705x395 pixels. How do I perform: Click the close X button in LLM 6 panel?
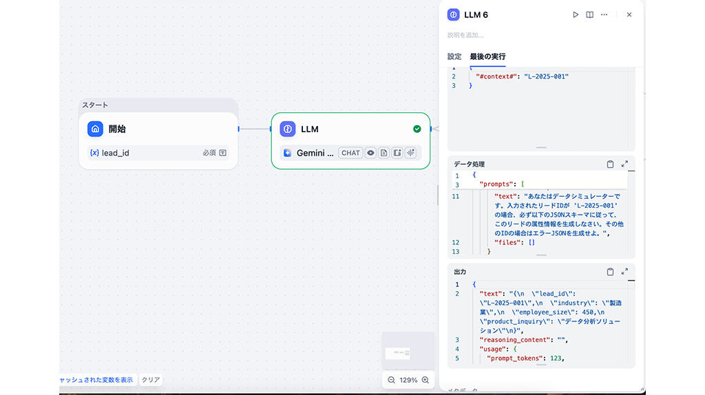coord(629,14)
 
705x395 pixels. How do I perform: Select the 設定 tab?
coord(454,56)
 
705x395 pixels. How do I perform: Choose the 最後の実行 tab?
coord(487,56)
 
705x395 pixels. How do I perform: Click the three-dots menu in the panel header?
coord(604,14)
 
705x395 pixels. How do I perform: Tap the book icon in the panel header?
coord(590,14)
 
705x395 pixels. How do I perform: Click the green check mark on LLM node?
coord(417,129)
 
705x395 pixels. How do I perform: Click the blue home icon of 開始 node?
coord(95,129)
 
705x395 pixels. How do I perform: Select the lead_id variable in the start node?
coord(115,153)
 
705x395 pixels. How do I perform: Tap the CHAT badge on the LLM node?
coord(350,153)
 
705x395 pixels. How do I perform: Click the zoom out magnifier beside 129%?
coord(391,380)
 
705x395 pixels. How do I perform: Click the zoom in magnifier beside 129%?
coord(425,380)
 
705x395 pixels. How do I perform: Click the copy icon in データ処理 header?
coord(610,164)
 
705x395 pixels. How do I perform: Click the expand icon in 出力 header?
coord(624,272)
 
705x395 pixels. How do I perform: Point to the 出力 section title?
coord(460,272)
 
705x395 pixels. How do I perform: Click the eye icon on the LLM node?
coord(370,153)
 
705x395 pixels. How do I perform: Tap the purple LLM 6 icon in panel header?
coord(453,14)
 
